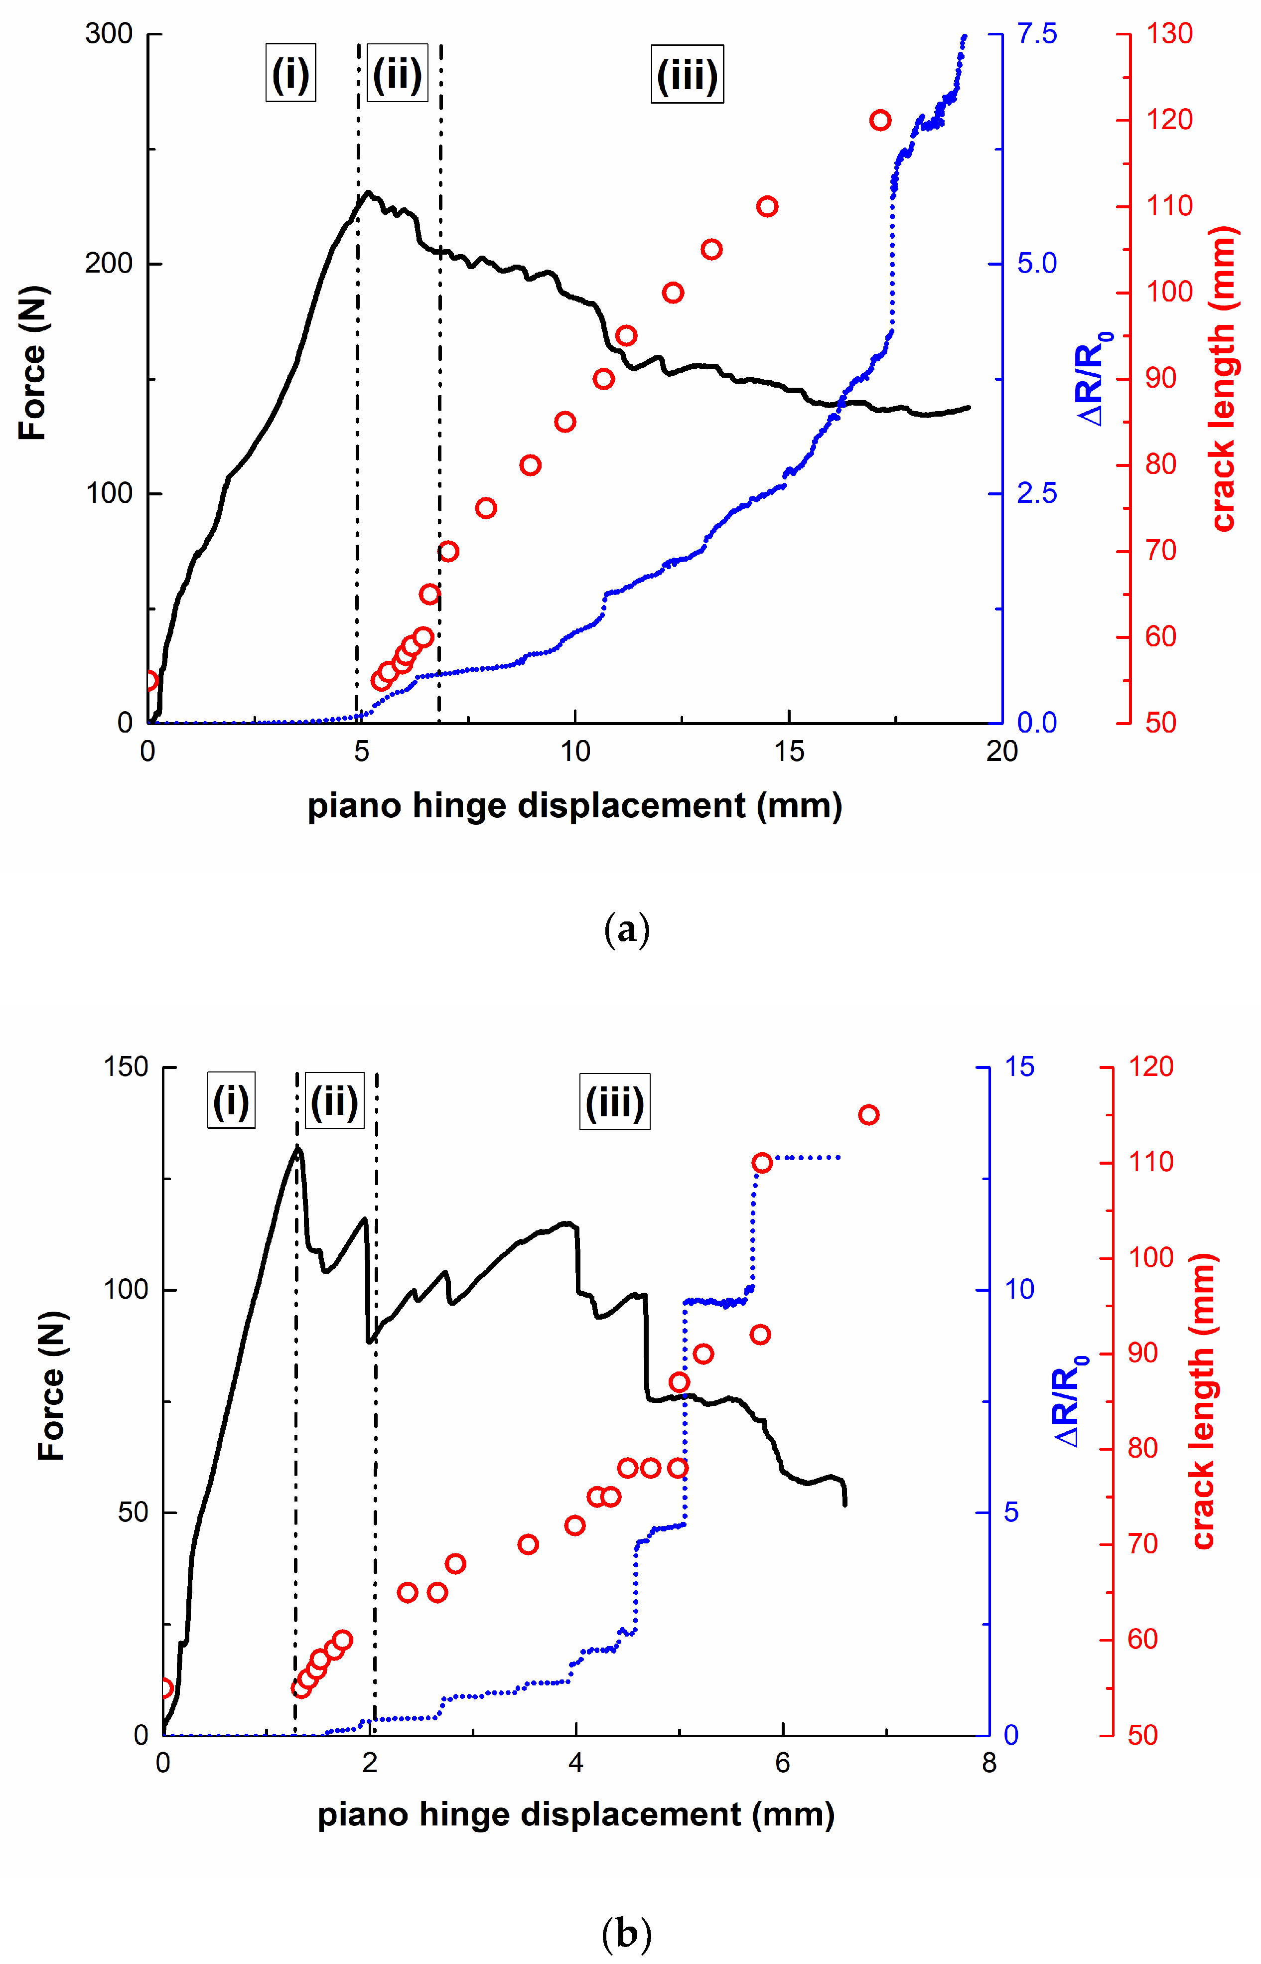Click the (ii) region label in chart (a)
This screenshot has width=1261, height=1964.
[397, 74]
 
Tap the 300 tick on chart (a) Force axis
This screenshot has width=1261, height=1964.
[109, 34]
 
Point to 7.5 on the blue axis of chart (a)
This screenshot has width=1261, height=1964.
[1037, 34]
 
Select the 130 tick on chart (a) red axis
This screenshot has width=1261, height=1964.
[1168, 34]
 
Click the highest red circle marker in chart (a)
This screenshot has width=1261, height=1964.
[880, 121]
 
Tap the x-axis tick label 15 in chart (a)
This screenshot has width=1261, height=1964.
[789, 751]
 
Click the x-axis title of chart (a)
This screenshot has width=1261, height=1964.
[575, 806]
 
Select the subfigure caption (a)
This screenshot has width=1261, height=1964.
[626, 930]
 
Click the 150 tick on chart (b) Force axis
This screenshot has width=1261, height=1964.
[125, 1067]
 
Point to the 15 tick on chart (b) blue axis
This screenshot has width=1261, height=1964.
[1019, 1067]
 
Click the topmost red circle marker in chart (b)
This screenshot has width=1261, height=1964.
[869, 1115]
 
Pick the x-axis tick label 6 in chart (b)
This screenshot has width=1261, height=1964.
[782, 1763]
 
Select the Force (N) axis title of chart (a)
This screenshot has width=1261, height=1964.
[33, 363]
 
